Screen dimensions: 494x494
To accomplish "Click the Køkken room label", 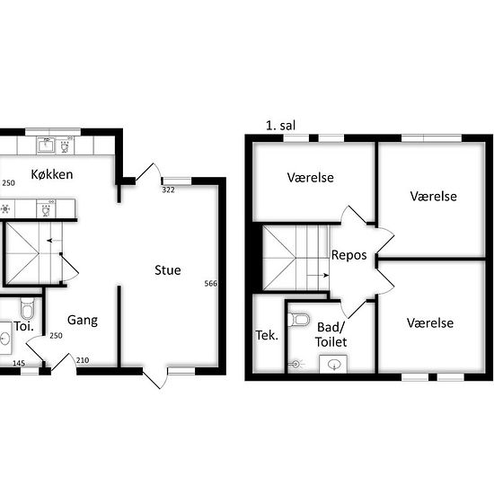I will [x=51, y=173].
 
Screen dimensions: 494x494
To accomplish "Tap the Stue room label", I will [x=167, y=269].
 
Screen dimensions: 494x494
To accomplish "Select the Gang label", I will [x=82, y=320].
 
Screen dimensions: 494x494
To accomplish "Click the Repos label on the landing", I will [x=348, y=254].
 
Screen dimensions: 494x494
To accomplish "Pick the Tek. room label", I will [x=267, y=335].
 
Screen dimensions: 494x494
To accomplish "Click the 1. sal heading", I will [x=281, y=126].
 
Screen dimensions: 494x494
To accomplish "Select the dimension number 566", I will [x=211, y=284].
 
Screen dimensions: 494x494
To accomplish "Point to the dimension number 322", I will [x=168, y=190].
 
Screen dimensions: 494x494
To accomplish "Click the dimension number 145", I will [x=18, y=363].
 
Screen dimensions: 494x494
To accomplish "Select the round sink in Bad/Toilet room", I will [x=334, y=363].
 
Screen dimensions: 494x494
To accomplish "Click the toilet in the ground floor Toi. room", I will [x=26, y=303].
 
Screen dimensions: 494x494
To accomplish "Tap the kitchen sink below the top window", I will [x=47, y=145].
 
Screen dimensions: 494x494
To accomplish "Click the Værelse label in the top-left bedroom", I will [x=311, y=178].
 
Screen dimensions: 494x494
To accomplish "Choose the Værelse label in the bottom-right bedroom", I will [x=429, y=323].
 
